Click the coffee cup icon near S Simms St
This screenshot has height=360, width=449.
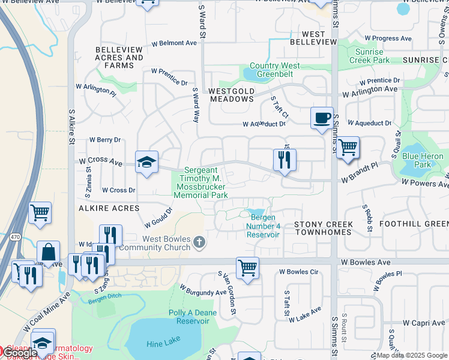[322, 117]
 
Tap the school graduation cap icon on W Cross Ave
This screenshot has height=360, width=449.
[146, 162]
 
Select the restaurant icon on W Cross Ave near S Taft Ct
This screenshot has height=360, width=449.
[284, 160]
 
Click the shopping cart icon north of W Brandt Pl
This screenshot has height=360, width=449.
[348, 147]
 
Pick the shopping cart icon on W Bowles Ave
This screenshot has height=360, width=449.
[247, 267]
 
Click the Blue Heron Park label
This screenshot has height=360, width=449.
[423, 160]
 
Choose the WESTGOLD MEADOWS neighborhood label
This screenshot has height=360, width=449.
[232, 95]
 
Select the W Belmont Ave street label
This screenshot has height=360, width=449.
[174, 43]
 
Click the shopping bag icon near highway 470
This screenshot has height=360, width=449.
[48, 253]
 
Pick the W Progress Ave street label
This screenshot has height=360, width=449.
[388, 38]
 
